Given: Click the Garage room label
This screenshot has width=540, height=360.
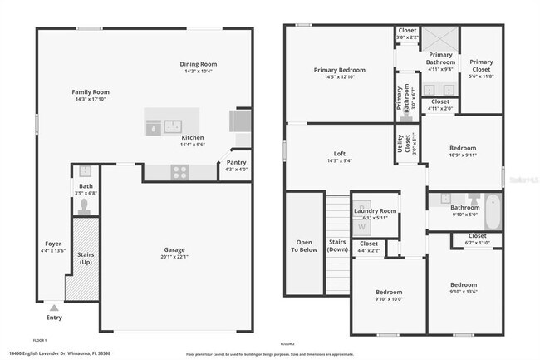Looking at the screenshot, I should click(174, 249).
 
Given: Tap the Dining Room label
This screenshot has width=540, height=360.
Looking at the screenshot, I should click(199, 64).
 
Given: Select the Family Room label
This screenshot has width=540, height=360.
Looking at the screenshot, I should click(92, 91).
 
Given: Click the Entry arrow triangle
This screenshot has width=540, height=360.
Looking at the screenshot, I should click(54, 307).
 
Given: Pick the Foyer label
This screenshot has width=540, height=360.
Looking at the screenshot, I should click(52, 244).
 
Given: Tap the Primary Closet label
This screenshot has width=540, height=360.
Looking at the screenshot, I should click(481, 65).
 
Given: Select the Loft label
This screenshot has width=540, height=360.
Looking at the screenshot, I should click(339, 154).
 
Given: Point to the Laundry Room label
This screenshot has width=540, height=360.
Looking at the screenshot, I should click(375, 211).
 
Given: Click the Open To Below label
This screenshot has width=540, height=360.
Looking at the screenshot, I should click(303, 245).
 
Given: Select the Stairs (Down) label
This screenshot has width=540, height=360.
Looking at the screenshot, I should click(337, 245).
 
